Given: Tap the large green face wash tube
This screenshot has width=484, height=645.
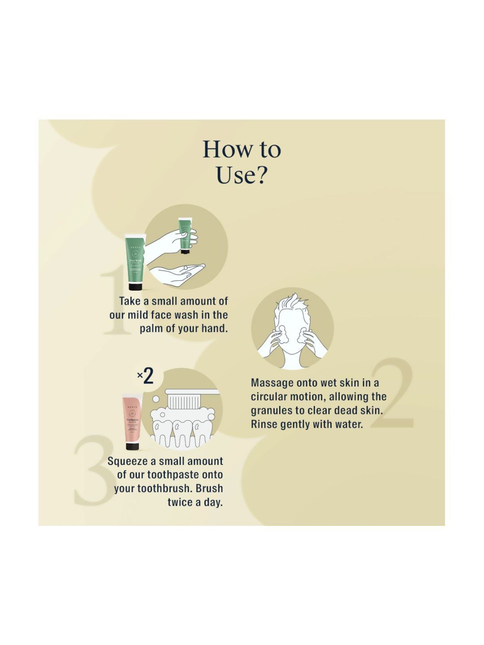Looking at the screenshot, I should [x=135, y=261].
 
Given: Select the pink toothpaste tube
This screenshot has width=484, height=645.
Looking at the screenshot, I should [x=132, y=419].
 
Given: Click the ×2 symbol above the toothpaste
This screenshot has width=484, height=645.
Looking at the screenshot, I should [x=145, y=376].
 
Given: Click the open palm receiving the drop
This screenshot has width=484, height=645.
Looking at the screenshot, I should [x=181, y=274].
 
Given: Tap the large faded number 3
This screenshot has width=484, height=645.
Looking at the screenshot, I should [x=94, y=471].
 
